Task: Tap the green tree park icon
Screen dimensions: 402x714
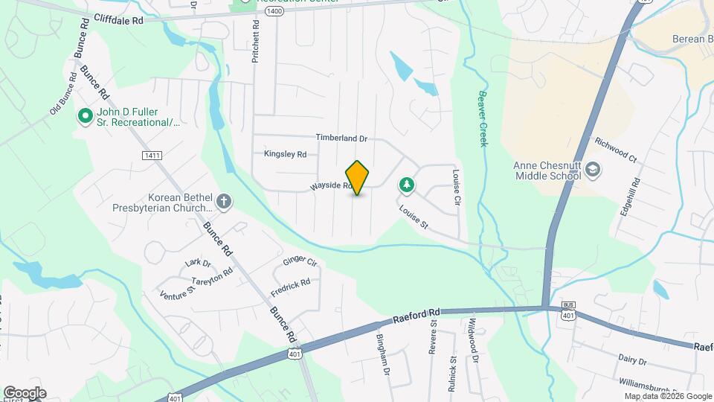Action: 406,183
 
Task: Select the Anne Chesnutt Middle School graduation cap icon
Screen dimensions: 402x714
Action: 592,170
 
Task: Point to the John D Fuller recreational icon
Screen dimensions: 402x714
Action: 86,117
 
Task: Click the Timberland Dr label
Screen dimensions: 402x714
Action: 341,138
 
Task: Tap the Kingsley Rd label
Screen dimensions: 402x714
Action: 285,155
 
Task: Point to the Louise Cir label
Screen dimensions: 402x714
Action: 457,188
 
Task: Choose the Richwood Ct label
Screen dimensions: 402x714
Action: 616,149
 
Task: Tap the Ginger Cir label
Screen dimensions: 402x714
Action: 300,262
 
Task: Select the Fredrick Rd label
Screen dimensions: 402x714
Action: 291,284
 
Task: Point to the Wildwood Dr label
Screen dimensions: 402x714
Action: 473,341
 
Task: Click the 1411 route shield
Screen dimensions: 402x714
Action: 152,155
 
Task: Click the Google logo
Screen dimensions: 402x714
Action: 24,393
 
